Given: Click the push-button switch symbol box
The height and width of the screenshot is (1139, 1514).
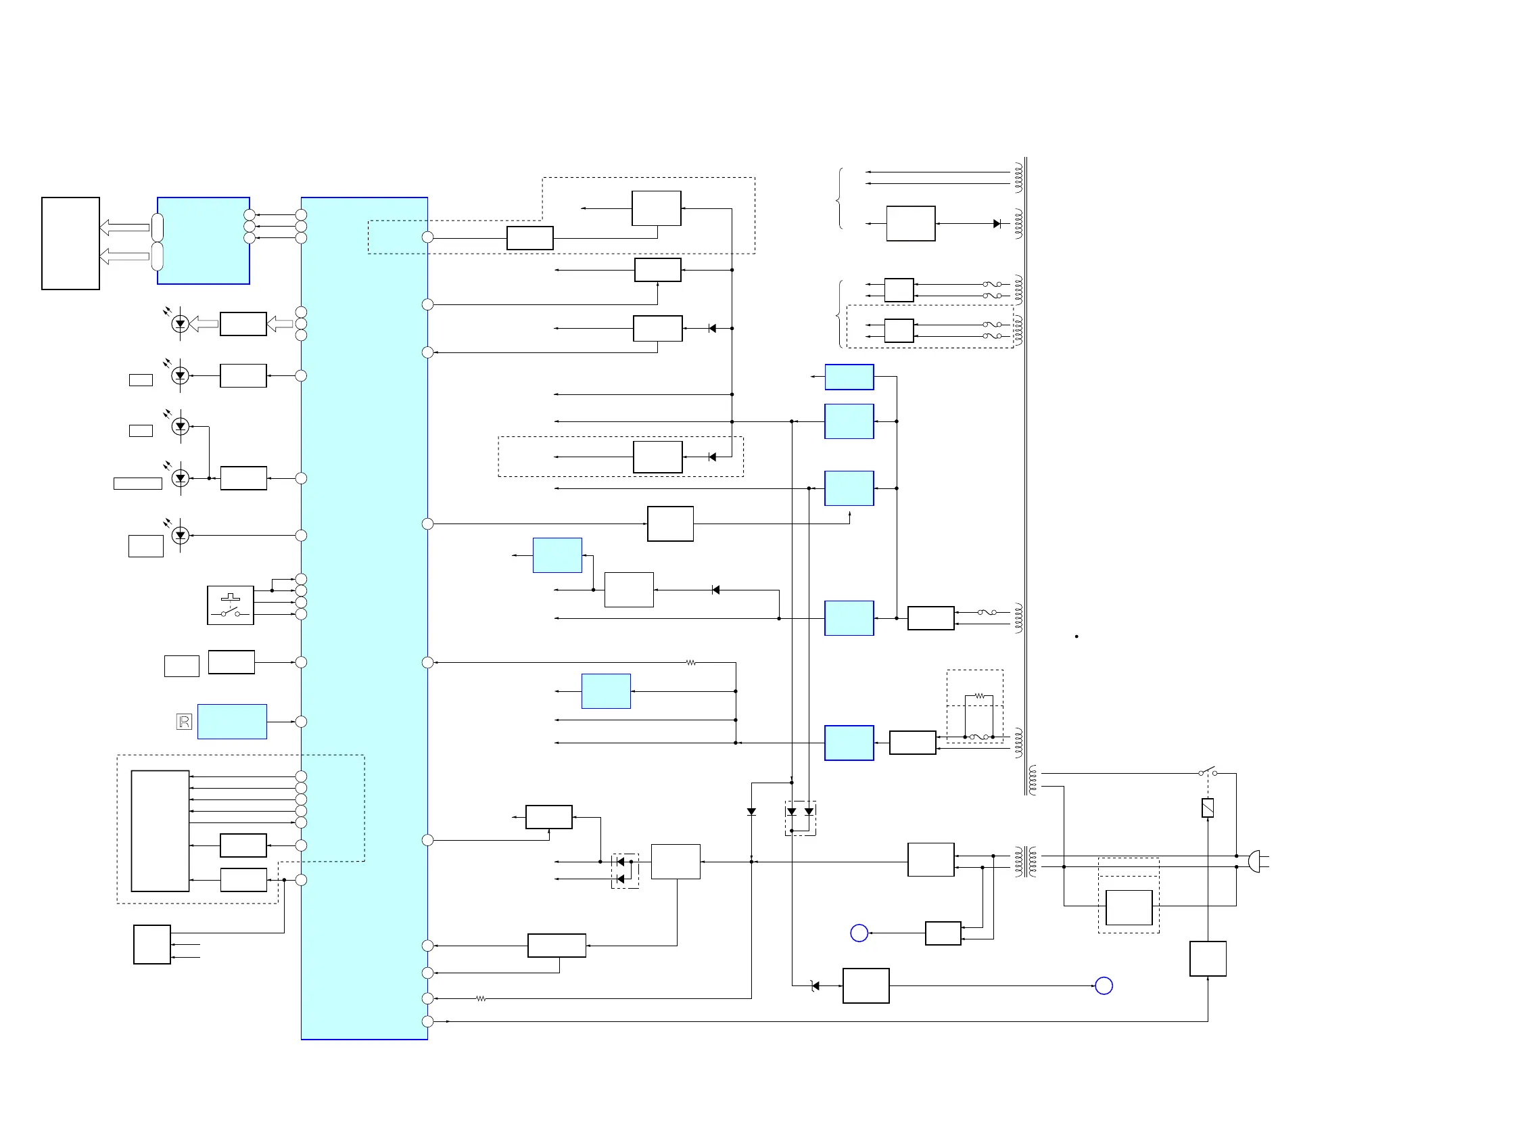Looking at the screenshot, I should pos(230,605).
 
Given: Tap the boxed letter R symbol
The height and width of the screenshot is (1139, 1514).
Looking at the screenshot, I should pos(184,722).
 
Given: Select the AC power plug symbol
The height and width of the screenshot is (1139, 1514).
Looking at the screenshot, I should pos(1254,861).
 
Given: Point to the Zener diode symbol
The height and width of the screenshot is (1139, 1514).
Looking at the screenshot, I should pos(815,985).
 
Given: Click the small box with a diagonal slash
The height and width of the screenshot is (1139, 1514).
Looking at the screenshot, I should pos(1208,808).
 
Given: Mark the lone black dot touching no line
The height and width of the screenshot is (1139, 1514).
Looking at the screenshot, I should pos(1077,636).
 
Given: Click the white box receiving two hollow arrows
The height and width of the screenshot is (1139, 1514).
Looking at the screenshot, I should pos(70,243).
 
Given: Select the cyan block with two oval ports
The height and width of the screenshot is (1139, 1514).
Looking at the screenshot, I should pos(204,241).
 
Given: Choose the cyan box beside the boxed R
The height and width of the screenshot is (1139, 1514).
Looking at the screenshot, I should pos(232,722).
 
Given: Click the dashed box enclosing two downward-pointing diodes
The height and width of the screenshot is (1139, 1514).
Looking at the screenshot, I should pos(800,818).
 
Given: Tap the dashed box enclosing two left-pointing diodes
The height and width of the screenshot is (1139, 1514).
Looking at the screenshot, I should pos(625,870).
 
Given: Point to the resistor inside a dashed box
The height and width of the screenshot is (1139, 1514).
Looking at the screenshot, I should pos(979,695).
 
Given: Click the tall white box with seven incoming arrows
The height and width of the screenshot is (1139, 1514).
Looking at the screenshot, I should pos(160,831).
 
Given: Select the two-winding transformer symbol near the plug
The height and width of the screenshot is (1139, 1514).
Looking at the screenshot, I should pos(1025,861).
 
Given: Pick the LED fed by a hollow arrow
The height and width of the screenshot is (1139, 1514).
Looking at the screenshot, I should pos(180,324).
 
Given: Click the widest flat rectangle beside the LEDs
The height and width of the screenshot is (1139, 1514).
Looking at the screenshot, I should pos(137,483).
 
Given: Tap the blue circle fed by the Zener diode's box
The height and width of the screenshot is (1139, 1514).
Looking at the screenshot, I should pos(1104,985).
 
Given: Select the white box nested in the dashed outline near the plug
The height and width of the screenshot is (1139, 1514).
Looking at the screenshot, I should pos(1129,908).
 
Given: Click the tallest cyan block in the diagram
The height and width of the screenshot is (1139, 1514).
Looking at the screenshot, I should pos(364,618).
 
